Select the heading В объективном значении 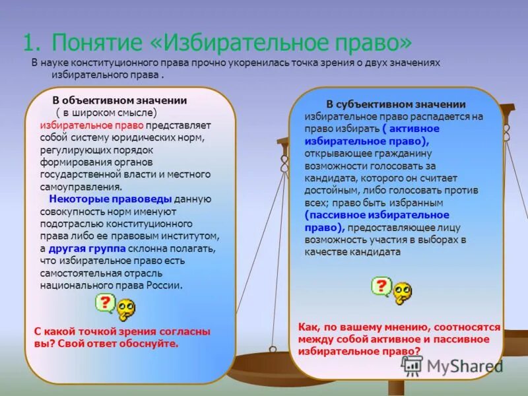coord(119,100)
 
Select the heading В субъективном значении coord(396,104)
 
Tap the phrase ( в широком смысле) coord(106,112)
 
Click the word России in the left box coord(164,286)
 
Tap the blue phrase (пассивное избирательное coord(377,215)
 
